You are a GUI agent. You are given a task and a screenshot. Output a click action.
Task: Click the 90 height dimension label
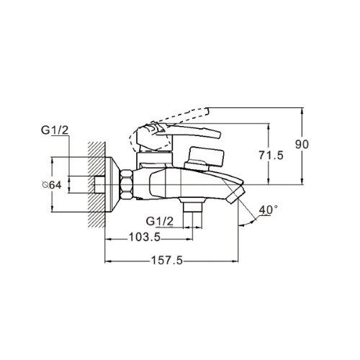pos(302,145)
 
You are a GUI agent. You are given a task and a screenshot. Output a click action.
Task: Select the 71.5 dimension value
pos(271,156)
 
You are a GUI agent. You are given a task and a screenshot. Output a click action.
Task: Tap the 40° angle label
pos(269,210)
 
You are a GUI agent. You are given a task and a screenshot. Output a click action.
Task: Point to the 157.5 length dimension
pos(167,260)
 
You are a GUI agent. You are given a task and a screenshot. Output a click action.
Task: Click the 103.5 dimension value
pos(145,238)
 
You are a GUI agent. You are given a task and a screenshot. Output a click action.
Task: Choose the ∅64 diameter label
pos(51,185)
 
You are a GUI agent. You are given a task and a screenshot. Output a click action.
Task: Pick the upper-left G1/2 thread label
pos(55,130)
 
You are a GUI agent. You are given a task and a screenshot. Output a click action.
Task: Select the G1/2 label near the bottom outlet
pos(160,221)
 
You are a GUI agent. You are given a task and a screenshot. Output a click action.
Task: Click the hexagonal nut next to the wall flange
pos(127,184)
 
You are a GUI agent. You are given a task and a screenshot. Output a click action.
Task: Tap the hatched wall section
pos(96,184)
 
